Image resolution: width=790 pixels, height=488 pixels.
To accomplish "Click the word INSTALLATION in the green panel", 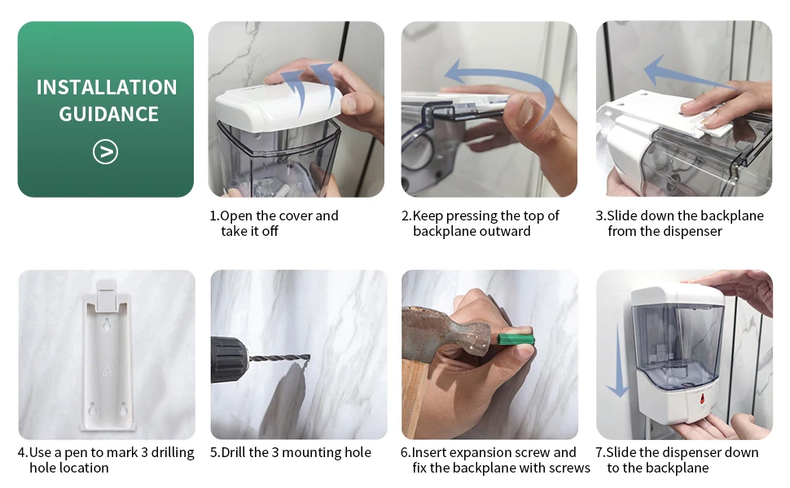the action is pos(107,87).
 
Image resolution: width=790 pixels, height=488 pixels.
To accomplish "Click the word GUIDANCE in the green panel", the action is pos(109,114).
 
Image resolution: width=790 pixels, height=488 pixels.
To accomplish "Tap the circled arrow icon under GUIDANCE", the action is pos(105,152).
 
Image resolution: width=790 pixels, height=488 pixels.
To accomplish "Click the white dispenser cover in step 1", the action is pos(278,106).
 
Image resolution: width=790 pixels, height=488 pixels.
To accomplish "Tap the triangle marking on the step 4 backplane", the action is pos(107,371).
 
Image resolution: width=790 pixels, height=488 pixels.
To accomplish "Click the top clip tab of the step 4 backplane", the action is pos(107,294).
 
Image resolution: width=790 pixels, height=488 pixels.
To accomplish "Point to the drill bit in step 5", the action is pos(279,359).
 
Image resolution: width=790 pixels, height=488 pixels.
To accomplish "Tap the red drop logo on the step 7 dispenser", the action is pos(702,400).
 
